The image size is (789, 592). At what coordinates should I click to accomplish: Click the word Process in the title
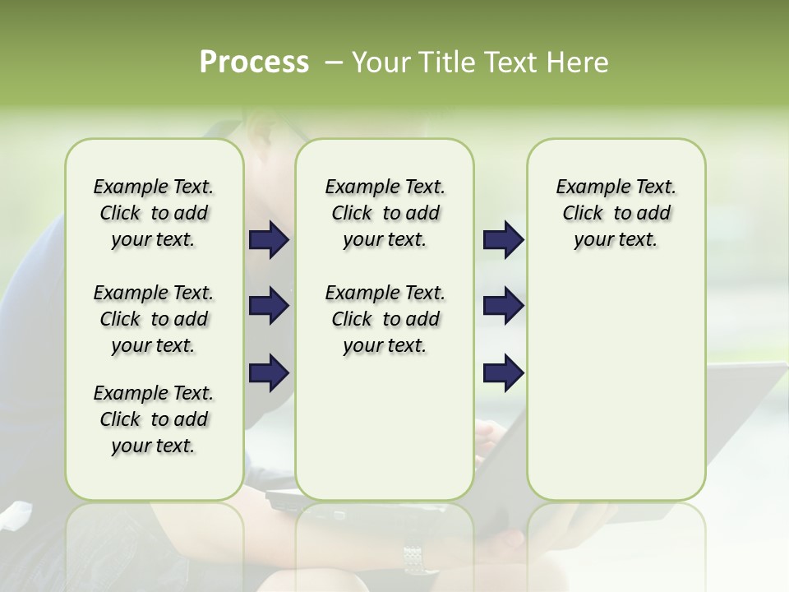point(254,62)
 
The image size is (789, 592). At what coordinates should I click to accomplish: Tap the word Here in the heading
point(579,62)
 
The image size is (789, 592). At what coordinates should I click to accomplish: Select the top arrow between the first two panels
point(269,240)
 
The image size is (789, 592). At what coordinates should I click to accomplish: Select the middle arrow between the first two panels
point(269,307)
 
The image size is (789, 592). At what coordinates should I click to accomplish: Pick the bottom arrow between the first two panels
point(269,372)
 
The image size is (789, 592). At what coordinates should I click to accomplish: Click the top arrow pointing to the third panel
point(502,240)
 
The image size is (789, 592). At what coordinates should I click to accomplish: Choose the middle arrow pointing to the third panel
point(502,307)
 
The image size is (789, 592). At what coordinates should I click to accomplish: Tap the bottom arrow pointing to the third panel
point(502,372)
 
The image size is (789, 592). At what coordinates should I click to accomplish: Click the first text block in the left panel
point(154,213)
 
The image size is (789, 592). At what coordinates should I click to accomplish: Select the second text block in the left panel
point(154,319)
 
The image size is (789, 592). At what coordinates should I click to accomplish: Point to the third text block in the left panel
point(154,419)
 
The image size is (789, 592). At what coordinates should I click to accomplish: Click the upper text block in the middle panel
point(385,213)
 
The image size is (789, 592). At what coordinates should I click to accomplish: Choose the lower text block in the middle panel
point(385,319)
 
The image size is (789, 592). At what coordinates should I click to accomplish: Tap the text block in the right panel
point(616,213)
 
